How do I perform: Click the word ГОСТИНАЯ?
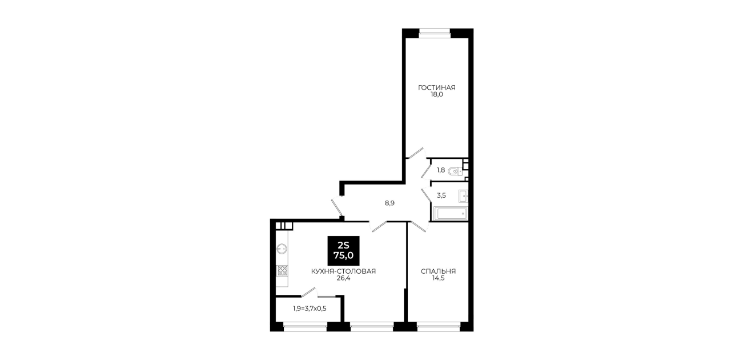click(436, 87)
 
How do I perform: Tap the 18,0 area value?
click(436, 94)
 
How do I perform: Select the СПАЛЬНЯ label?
click(438, 271)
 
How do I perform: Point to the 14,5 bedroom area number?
click(438, 278)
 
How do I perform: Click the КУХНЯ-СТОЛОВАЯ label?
click(343, 271)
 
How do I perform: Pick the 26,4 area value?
click(343, 278)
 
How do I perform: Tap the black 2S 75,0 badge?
click(343, 250)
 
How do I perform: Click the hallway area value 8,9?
click(389, 203)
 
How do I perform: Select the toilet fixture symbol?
click(455, 171)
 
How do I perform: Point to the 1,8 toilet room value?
click(441, 170)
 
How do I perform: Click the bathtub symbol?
click(451, 213)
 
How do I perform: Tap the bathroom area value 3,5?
click(441, 195)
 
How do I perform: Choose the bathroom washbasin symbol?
click(463, 196)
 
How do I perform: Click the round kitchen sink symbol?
click(282, 249)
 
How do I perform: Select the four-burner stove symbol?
click(282, 271)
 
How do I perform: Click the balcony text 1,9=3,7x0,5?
click(310, 309)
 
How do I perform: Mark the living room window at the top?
click(434, 31)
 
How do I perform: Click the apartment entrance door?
click(337, 206)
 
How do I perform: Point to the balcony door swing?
click(309, 293)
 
